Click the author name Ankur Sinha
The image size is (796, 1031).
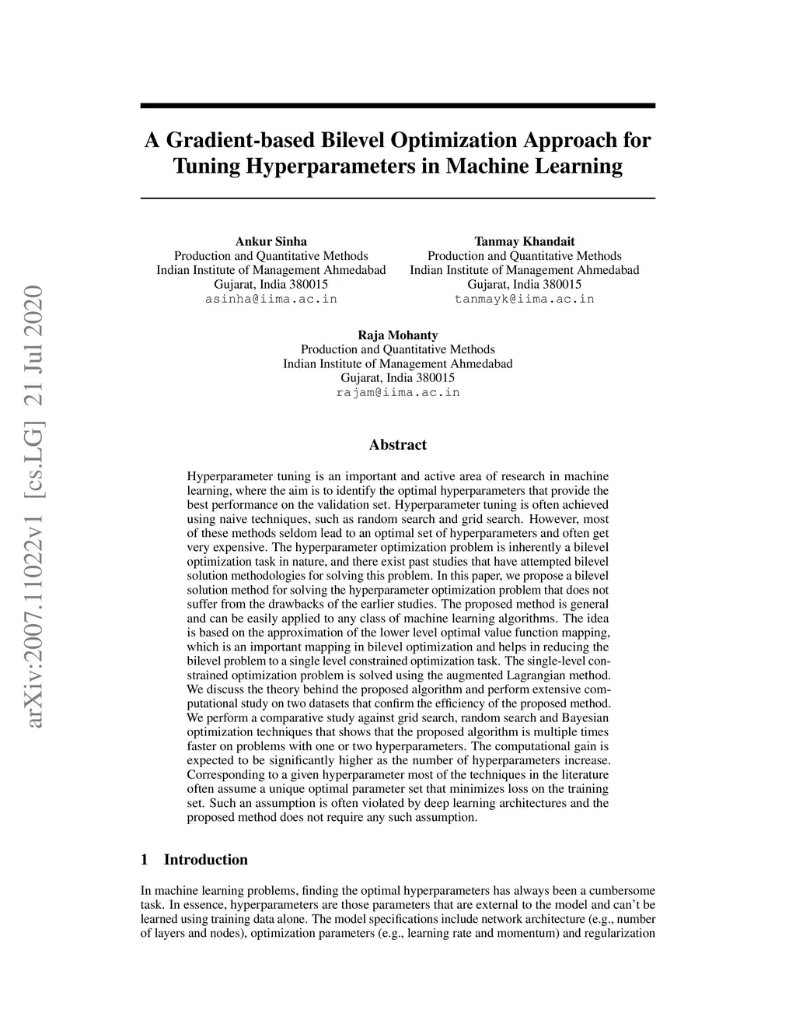coord(271,241)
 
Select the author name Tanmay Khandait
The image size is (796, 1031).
coord(524,241)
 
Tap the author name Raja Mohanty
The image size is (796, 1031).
coord(397,335)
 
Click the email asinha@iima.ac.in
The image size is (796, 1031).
coord(271,299)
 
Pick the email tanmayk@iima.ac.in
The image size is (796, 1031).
coord(524,299)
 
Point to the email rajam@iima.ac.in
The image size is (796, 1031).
coord(397,392)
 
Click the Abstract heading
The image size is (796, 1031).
coord(397,445)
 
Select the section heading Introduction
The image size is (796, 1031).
coord(205,860)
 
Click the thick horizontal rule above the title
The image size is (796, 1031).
coord(397,105)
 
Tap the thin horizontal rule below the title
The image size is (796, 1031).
coord(397,198)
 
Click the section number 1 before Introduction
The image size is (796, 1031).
coord(144,860)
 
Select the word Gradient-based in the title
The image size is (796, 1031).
coord(225,141)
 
